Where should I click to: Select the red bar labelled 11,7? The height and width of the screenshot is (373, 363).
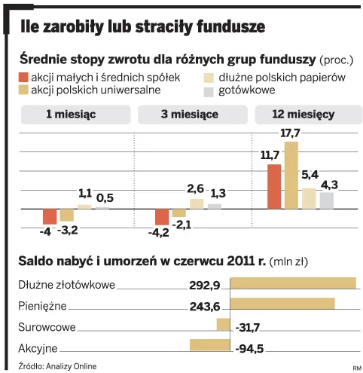pos(273,185)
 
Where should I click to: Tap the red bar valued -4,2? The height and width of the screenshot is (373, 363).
pos(161,217)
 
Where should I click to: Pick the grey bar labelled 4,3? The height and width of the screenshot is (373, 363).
pos(326,200)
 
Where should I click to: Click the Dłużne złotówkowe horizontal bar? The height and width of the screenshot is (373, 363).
pos(292,283)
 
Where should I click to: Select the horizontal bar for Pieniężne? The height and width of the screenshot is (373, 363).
pos(282,304)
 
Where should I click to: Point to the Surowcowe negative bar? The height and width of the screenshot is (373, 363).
pos(223,324)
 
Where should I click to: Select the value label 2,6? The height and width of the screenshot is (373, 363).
pos(196,188)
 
